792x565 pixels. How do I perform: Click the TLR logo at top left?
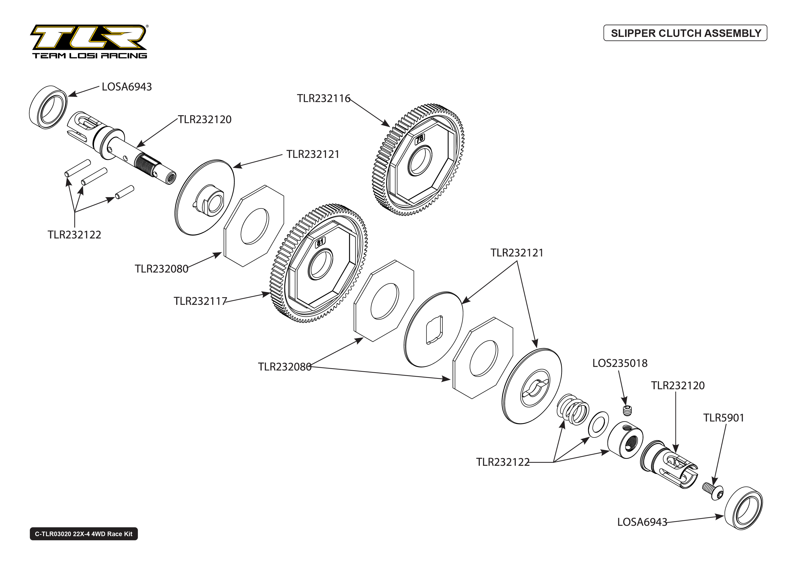pos(89,41)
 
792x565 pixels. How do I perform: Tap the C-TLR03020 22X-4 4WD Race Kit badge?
pos(84,534)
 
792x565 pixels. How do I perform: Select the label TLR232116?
pos(323,98)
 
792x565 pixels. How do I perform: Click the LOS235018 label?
pos(620,363)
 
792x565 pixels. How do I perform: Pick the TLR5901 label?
pos(723,418)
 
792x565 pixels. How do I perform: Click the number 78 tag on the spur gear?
pos(420,139)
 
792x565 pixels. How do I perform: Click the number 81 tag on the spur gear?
pos(320,241)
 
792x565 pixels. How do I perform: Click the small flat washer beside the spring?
pos(598,424)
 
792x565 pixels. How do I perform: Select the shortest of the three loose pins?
pos(125,192)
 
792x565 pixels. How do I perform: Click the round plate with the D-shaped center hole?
pos(434,329)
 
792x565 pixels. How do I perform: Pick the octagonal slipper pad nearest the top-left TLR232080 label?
pos(254,226)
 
